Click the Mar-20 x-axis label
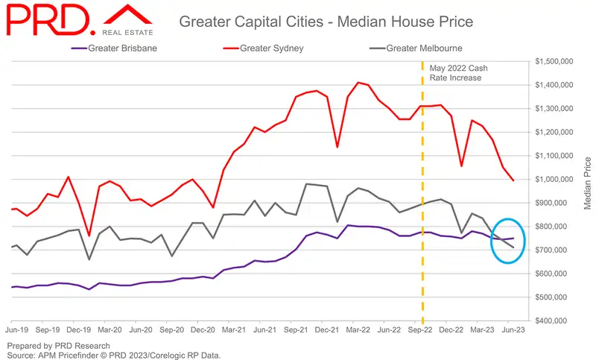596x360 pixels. pyautogui.click(x=110, y=328)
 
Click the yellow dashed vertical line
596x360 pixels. pyautogui.click(x=422, y=186)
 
